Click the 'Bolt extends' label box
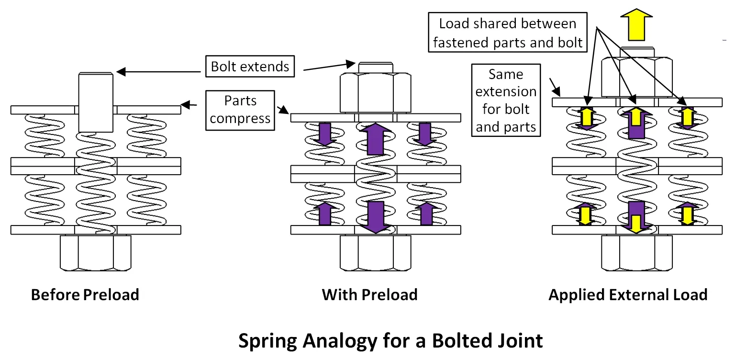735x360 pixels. tap(250, 66)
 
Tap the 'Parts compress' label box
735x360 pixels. tap(240, 110)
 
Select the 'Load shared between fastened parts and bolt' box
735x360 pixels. tap(508, 33)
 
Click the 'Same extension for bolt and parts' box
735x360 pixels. tap(506, 101)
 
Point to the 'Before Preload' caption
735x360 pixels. tap(85, 294)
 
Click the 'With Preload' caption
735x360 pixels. tap(369, 294)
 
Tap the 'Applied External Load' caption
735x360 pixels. tap(628, 294)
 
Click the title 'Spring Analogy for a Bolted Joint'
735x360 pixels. tap(390, 341)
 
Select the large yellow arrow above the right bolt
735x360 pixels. tap(636, 25)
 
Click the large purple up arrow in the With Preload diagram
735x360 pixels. tap(376, 139)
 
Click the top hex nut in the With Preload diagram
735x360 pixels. tap(376, 92)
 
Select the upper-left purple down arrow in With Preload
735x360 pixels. tap(325, 135)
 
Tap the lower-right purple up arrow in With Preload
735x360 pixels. tap(425, 213)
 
